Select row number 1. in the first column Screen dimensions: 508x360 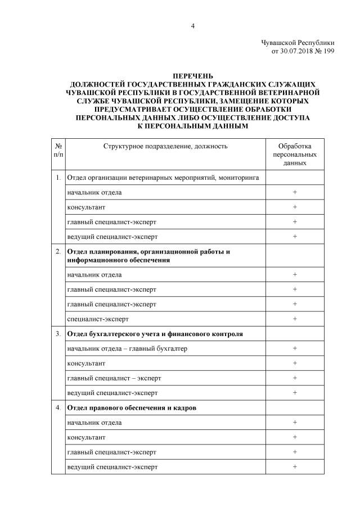(58, 178)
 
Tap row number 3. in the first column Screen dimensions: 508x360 (58, 334)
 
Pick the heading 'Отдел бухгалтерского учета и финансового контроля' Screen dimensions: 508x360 (155, 334)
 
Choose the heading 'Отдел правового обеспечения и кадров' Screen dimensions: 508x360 (132, 407)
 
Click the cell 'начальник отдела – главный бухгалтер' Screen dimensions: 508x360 (127, 348)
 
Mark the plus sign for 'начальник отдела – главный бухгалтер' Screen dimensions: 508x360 (295, 348)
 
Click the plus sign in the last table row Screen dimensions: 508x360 (295, 466)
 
